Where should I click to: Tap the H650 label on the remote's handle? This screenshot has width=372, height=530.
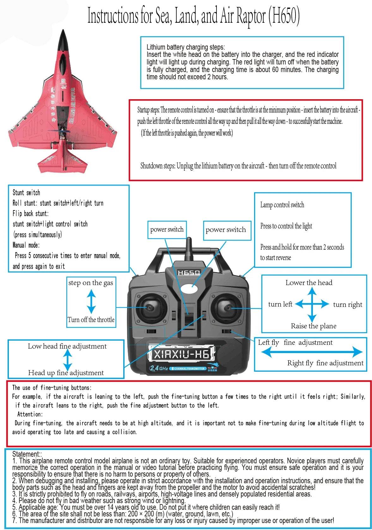189,272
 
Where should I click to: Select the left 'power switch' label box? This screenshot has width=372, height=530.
167,229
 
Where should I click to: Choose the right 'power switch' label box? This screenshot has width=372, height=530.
226,230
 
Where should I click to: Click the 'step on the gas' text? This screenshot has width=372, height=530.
91,283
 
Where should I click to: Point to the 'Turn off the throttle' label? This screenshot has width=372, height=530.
91,320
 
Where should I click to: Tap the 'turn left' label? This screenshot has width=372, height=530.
280,304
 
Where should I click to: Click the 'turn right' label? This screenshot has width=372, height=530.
347,305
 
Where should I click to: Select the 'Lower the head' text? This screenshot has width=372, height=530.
309,283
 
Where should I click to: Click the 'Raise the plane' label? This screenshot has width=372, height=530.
314,326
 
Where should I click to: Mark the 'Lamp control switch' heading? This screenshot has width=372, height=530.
282,205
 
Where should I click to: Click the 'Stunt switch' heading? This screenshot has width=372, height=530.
26,192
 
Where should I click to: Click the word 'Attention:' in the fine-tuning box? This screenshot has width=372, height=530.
30,414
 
